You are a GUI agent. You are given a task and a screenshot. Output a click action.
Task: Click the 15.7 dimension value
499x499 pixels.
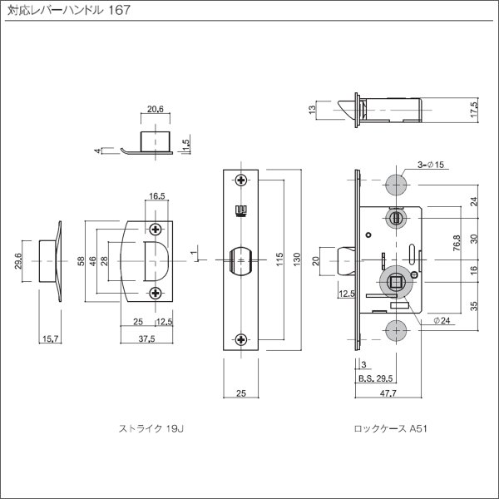pos(51,336)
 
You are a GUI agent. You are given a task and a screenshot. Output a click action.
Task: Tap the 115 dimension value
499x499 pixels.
pos(279,261)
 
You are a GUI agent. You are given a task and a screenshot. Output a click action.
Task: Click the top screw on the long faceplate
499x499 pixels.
pos(241,180)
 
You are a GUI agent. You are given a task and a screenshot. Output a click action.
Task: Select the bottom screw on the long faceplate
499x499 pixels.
pos(241,338)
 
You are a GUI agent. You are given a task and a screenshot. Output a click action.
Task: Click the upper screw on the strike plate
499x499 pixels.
pos(156,229)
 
